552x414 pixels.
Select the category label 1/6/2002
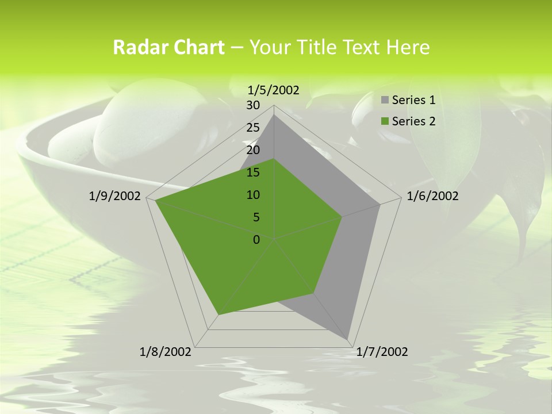click(x=432, y=196)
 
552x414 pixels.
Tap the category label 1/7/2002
click(x=382, y=352)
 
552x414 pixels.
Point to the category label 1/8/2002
click(x=166, y=352)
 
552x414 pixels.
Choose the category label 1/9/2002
click(x=115, y=196)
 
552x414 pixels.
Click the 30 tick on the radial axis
click(x=253, y=105)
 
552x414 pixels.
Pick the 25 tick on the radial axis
click(x=253, y=128)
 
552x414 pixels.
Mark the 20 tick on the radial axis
click(x=253, y=150)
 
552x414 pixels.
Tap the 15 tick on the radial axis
click(x=253, y=172)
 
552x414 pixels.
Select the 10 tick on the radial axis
click(x=253, y=195)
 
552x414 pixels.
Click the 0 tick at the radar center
click(x=256, y=240)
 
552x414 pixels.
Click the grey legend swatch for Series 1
click(x=385, y=101)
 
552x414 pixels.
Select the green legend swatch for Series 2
click(x=385, y=121)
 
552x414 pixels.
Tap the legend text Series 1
click(x=413, y=101)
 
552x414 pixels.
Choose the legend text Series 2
click(x=413, y=121)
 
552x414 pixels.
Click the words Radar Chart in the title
click(x=168, y=47)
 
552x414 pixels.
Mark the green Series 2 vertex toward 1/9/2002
click(x=156, y=201)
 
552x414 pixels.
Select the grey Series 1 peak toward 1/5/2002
click(x=274, y=115)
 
